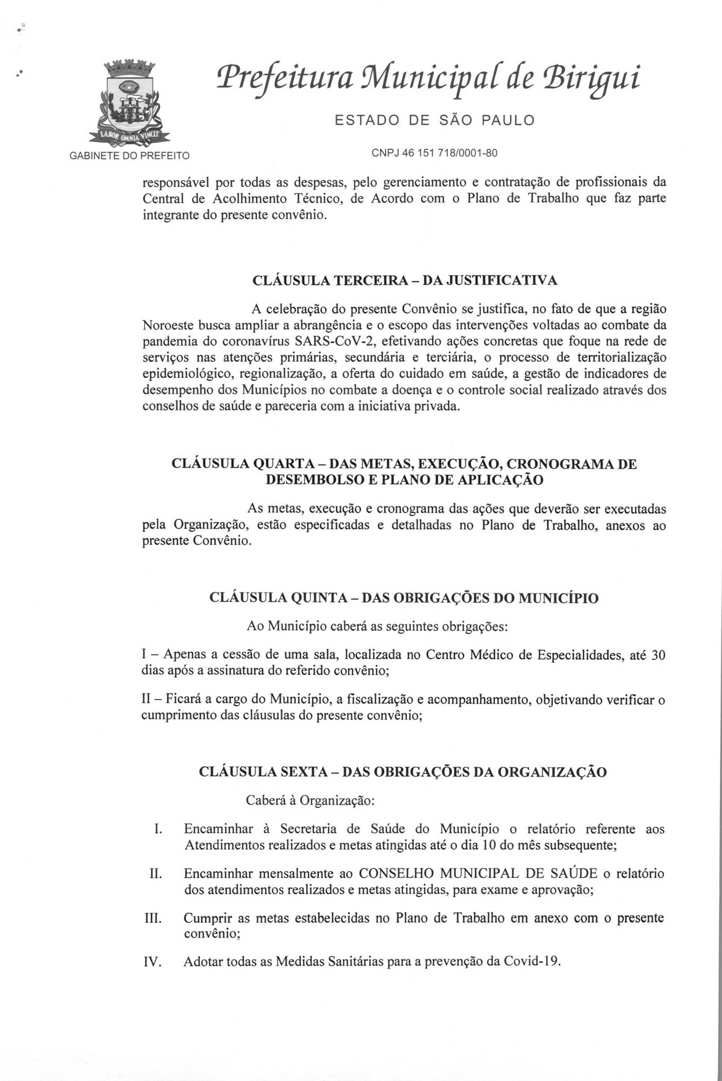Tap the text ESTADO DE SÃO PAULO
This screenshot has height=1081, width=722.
[x=434, y=121]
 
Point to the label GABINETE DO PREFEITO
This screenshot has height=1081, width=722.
[x=129, y=156]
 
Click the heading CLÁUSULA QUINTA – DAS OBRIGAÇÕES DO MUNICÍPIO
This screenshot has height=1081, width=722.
[x=404, y=598]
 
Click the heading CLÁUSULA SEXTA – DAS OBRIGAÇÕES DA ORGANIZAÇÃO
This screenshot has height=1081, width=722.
[x=402, y=772]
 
